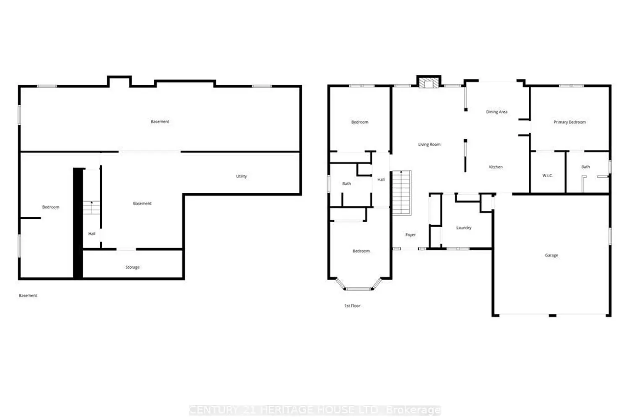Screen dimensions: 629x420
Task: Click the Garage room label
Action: point(551,255)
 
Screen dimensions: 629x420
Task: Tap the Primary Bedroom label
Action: point(569,122)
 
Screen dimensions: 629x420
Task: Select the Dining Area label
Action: point(496,112)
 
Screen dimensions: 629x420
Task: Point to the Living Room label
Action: point(429,144)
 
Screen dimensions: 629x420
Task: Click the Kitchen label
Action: point(496,167)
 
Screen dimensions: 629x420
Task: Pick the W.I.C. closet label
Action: point(547,176)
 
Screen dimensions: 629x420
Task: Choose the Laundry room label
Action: point(464,228)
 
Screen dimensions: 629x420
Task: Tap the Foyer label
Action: point(410,235)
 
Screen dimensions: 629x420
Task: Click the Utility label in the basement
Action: point(241,176)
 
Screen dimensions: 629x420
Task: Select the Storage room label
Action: point(132,267)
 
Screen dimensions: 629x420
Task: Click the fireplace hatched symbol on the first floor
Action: point(429,83)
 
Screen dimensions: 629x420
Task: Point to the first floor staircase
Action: point(402,193)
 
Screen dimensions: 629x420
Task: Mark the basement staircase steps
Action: point(91,208)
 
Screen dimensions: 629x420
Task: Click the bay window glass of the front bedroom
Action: point(358,289)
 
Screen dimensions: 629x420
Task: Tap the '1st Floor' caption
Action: point(352,306)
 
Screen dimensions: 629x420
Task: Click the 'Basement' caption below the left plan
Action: point(28,296)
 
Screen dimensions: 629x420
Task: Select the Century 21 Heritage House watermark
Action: point(315,410)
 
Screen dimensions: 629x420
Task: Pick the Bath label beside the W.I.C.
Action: point(585,167)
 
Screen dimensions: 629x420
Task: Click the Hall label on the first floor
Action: point(381,179)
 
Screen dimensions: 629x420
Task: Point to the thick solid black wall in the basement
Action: point(78,223)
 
